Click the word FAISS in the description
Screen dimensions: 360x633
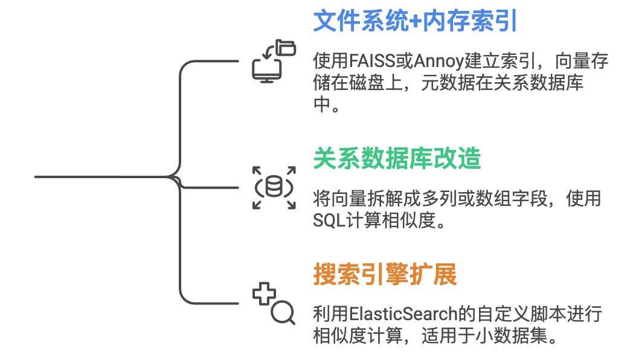tap(373, 62)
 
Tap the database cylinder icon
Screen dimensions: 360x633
tap(274, 187)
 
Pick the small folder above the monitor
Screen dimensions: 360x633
tap(285, 47)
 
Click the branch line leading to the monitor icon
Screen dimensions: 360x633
tap(211, 61)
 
